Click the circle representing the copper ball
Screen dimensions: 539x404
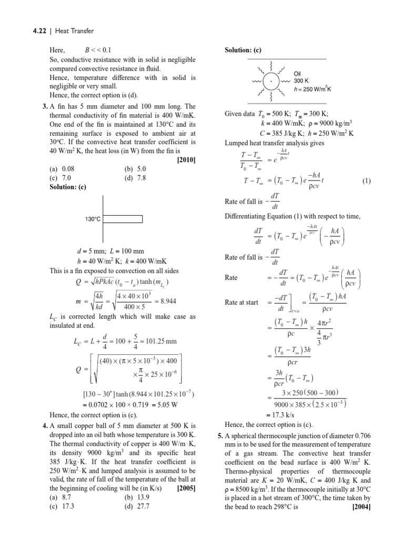click(271, 82)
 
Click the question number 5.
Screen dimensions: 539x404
click(220, 435)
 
